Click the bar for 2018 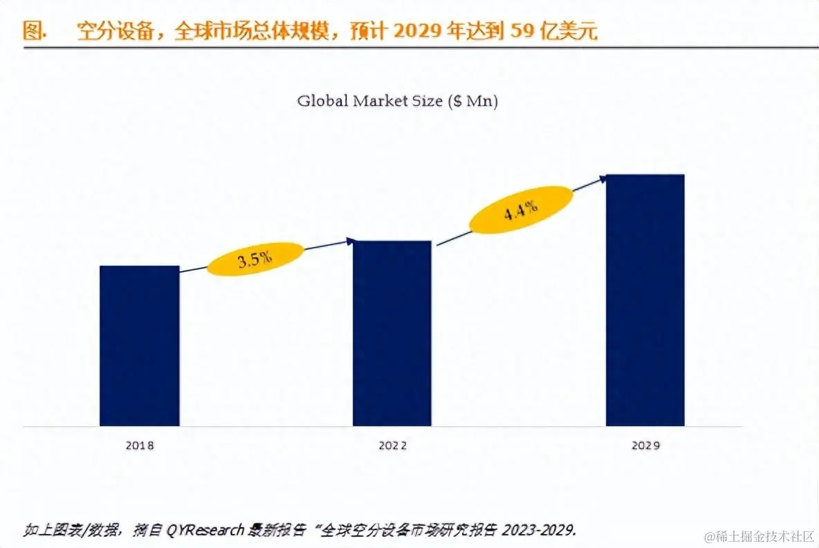[x=139, y=345]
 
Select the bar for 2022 [x=392, y=333]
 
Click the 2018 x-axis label [x=139, y=446]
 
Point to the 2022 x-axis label [x=392, y=446]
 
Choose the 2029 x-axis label [x=645, y=446]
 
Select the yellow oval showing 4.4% [x=522, y=209]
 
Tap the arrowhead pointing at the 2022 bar [x=351, y=241]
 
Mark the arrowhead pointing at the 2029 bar [x=604, y=178]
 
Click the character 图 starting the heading [x=32, y=32]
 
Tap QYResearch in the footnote [x=208, y=531]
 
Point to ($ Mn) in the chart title [x=472, y=101]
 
